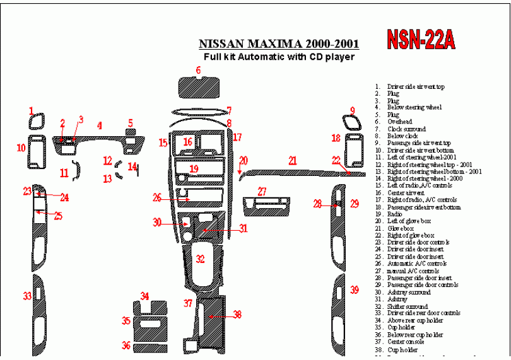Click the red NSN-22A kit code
(419, 40)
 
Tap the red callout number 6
(198, 71)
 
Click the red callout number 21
(293, 161)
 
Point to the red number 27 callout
(262, 192)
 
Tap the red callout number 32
(200, 259)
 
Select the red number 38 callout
(237, 314)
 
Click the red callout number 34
(145, 296)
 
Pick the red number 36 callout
(126, 345)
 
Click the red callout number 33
(27, 296)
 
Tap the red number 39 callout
(355, 290)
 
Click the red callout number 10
(21, 148)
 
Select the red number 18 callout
(336, 139)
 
